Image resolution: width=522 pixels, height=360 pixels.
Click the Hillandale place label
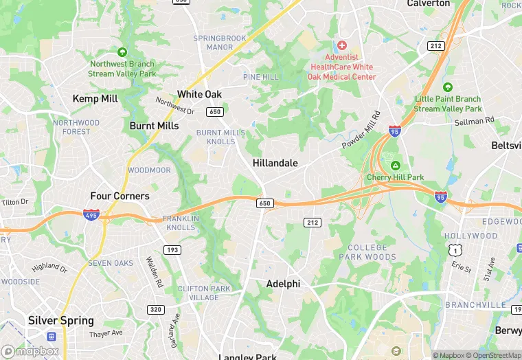pyautogui.click(x=275, y=163)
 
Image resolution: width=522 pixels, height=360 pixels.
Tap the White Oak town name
pyautogui.click(x=199, y=94)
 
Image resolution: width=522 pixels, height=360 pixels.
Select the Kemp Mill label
pyautogui.click(x=95, y=99)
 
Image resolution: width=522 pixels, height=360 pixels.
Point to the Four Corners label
pyautogui.click(x=120, y=196)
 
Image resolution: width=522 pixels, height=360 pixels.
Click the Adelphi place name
pyautogui.click(x=284, y=283)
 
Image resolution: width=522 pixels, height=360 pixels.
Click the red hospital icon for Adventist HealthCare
pyautogui.click(x=342, y=45)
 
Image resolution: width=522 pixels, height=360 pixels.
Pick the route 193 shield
pyautogui.click(x=172, y=249)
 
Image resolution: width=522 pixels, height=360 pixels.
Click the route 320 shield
pyautogui.click(x=157, y=310)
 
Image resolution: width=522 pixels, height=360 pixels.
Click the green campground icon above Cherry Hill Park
pyautogui.click(x=395, y=165)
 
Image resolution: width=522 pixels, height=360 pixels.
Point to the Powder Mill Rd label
pyautogui.click(x=361, y=131)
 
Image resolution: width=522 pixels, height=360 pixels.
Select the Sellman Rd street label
pyautogui.click(x=475, y=121)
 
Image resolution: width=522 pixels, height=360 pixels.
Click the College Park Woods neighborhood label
pyautogui.click(x=367, y=252)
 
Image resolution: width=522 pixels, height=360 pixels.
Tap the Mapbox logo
pyautogui.click(x=30, y=351)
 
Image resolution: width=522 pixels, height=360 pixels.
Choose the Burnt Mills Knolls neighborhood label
pyautogui.click(x=220, y=137)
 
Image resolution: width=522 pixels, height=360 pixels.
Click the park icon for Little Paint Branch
pyautogui.click(x=448, y=87)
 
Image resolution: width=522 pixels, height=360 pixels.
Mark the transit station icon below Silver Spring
pyautogui.click(x=52, y=337)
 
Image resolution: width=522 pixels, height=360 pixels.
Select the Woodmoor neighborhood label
pyautogui.click(x=149, y=170)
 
